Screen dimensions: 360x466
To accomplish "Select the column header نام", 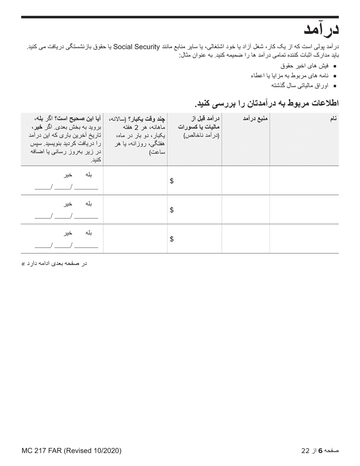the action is pyautogui.click(x=333, y=119).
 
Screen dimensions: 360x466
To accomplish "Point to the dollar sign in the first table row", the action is pyautogui.click(x=172, y=181).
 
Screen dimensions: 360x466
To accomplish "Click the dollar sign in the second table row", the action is pyautogui.click(x=172, y=210).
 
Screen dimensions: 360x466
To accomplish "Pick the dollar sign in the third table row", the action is pyautogui.click(x=172, y=239).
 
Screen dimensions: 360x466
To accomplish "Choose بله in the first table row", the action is pyautogui.click(x=88, y=175).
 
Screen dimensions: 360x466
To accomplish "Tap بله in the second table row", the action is pyautogui.click(x=88, y=204).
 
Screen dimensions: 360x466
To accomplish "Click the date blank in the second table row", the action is pyautogui.click(x=66, y=217).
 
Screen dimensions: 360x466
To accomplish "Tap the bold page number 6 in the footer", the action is pyautogui.click(x=320, y=451).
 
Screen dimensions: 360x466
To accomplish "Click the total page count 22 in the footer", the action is pyautogui.click(x=305, y=451).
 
